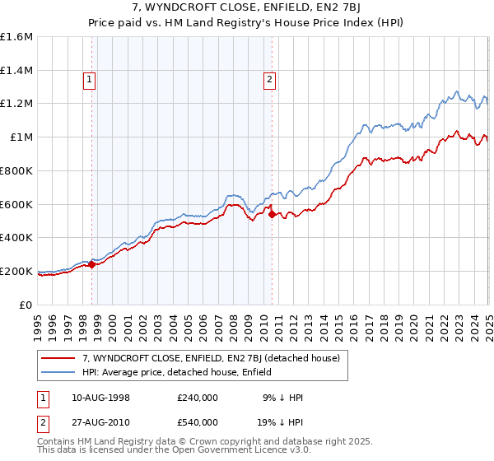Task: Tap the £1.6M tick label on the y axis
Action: (16, 37)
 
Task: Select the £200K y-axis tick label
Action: (16, 271)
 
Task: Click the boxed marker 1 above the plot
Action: (88, 80)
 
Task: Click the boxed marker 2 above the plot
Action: (268, 80)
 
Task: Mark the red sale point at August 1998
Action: (92, 264)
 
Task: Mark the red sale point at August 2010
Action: (272, 214)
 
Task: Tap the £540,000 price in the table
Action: (197, 421)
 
